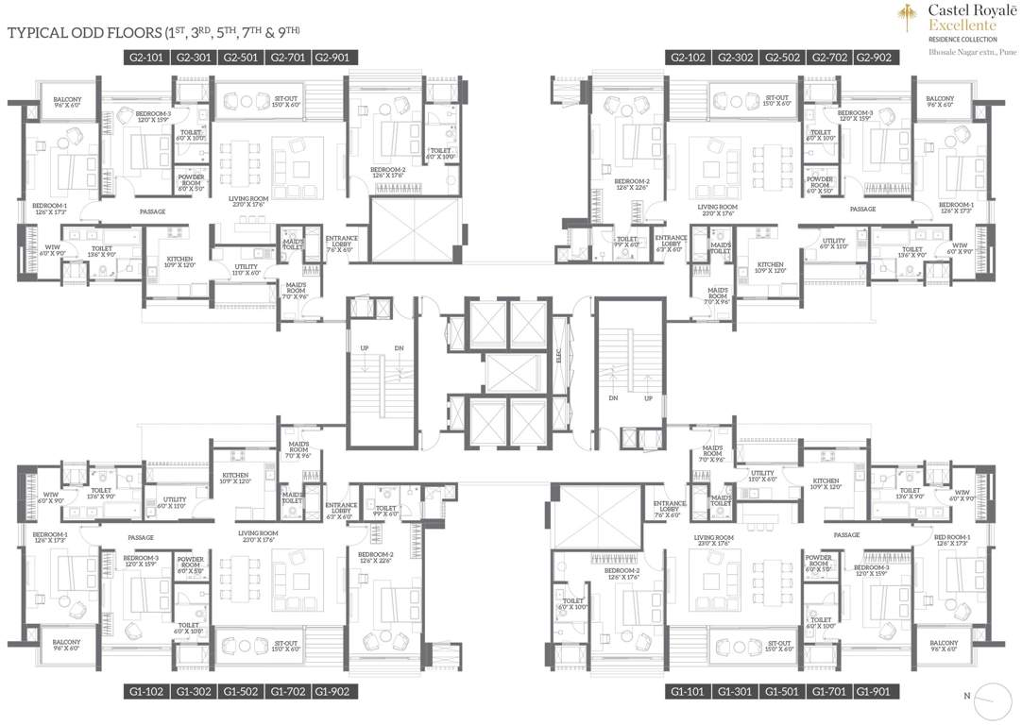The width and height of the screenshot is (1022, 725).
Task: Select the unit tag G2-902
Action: pos(874,58)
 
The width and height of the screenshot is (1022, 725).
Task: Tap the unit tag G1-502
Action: pos(241,692)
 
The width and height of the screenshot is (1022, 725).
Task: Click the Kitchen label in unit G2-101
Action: pos(180,261)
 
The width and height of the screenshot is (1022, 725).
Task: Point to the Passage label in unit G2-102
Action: pos(862,209)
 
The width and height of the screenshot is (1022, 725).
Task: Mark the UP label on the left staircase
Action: pos(362,348)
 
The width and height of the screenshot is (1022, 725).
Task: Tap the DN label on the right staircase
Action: pos(614,398)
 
